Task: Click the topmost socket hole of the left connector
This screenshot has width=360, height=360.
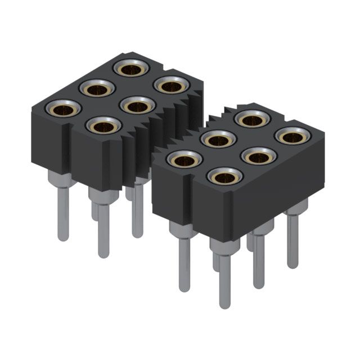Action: [131, 69]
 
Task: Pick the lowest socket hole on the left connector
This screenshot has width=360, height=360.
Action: [103, 126]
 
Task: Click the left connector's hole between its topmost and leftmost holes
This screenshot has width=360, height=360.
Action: [97, 88]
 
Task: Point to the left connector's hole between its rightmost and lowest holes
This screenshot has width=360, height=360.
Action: [137, 105]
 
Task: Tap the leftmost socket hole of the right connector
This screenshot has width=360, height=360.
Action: [184, 160]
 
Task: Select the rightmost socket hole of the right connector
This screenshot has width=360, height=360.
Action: [293, 136]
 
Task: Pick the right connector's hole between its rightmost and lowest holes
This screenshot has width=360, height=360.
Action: [259, 156]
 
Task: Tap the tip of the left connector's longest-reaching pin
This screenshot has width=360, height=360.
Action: [103, 253]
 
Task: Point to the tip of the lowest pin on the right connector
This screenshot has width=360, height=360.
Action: [224, 304]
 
